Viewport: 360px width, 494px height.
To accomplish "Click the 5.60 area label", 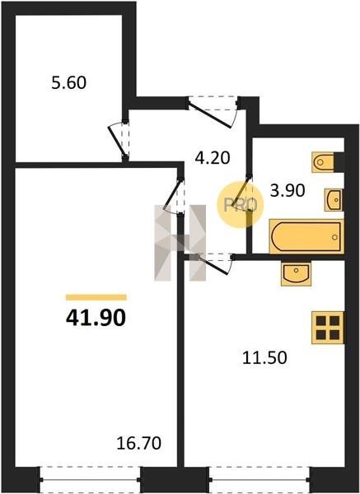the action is pos(68,83).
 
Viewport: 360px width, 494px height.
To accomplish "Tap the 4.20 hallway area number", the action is pos(213,158).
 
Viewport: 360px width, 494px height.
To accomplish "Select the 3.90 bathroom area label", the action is pos(288,190).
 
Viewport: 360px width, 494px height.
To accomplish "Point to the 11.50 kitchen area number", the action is pos(264,357).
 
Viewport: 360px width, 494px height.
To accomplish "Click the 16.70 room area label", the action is pos(138,443).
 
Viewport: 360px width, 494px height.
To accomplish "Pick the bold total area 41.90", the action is pos(96,317).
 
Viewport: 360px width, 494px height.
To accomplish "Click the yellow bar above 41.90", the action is pos(96,297).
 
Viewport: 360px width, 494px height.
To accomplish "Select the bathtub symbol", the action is pos(306,236).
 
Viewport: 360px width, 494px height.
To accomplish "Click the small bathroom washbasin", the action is pos(334,200).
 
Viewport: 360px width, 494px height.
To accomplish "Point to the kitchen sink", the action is pos(296,274).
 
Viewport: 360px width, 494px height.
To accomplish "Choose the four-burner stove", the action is pos(328,328).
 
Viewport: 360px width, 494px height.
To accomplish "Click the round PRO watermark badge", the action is pos(241,205).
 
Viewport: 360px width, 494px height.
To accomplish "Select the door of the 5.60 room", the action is pos(117,141).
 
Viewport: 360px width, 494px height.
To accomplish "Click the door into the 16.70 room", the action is pos(173,193).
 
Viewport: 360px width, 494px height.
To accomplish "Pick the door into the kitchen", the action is pos(213,265).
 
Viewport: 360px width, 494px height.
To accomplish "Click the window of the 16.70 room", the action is pos(90,479).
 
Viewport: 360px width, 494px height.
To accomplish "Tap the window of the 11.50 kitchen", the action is pos(259,479).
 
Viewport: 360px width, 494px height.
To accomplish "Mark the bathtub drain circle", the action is pos(334,237).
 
